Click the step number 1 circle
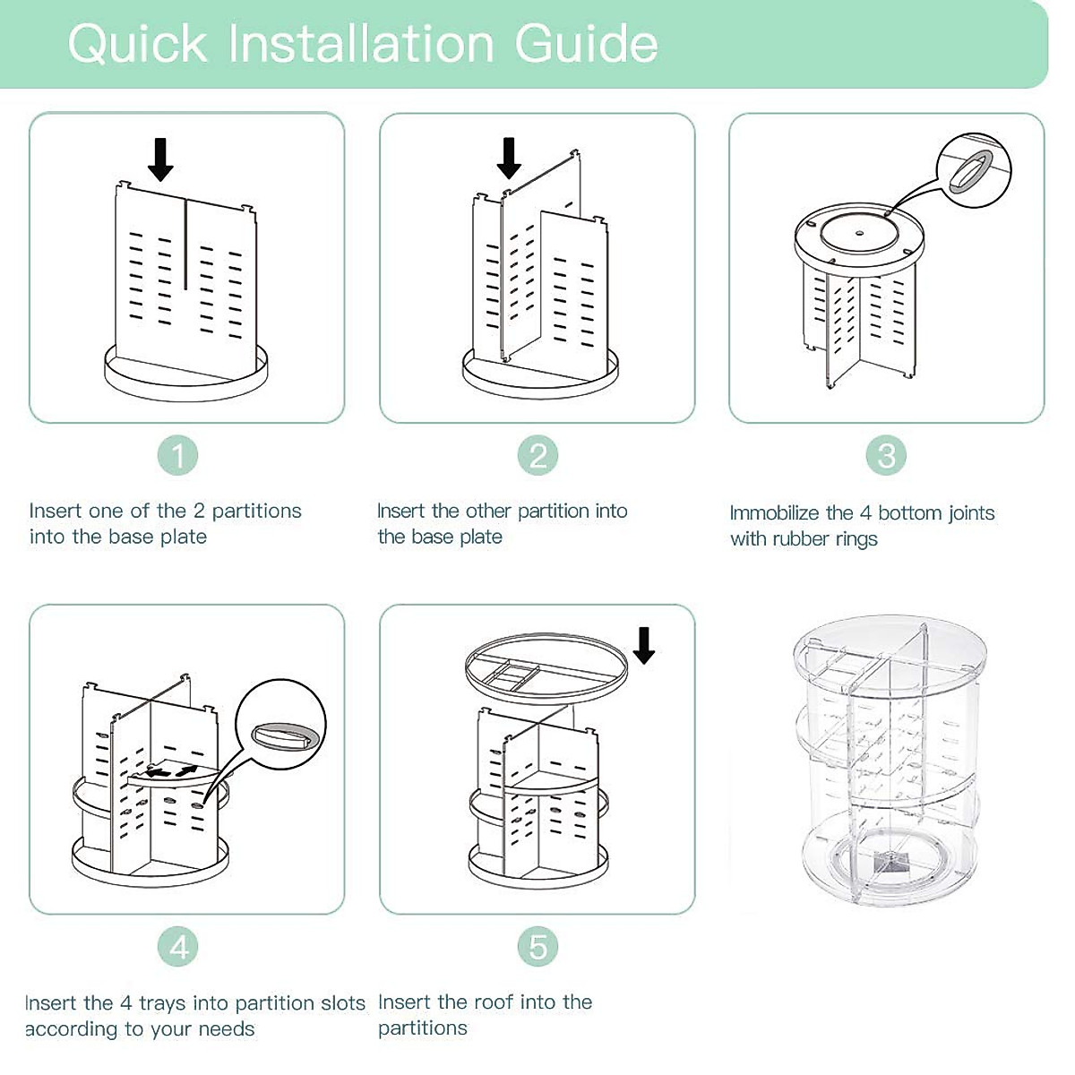click(x=178, y=456)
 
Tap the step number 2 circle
click(x=537, y=456)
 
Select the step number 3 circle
click(x=886, y=456)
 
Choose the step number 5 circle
click(x=537, y=947)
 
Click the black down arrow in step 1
click(x=160, y=159)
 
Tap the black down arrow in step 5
click(x=643, y=645)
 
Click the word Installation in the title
click(x=362, y=43)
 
